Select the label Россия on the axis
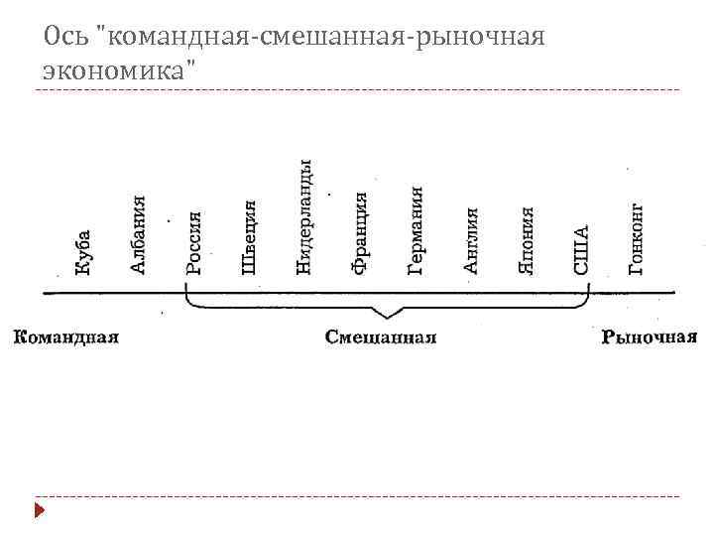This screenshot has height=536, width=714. [195, 243]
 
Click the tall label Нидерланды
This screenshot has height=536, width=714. [306, 216]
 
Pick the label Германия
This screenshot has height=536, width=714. [417, 229]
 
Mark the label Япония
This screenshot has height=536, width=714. [528, 240]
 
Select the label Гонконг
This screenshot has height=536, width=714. [638, 238]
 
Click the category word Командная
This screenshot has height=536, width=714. [66, 336]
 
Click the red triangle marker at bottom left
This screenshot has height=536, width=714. [39, 512]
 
